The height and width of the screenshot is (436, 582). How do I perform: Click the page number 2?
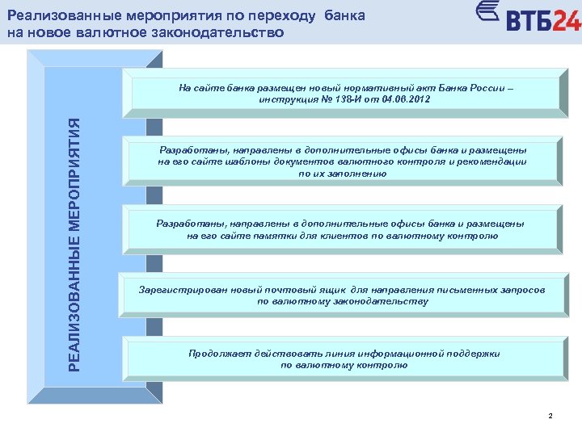pos(550,416)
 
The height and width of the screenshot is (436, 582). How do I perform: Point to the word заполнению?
pos(360,173)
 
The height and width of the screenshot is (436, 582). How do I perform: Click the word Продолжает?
pos(217,354)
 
